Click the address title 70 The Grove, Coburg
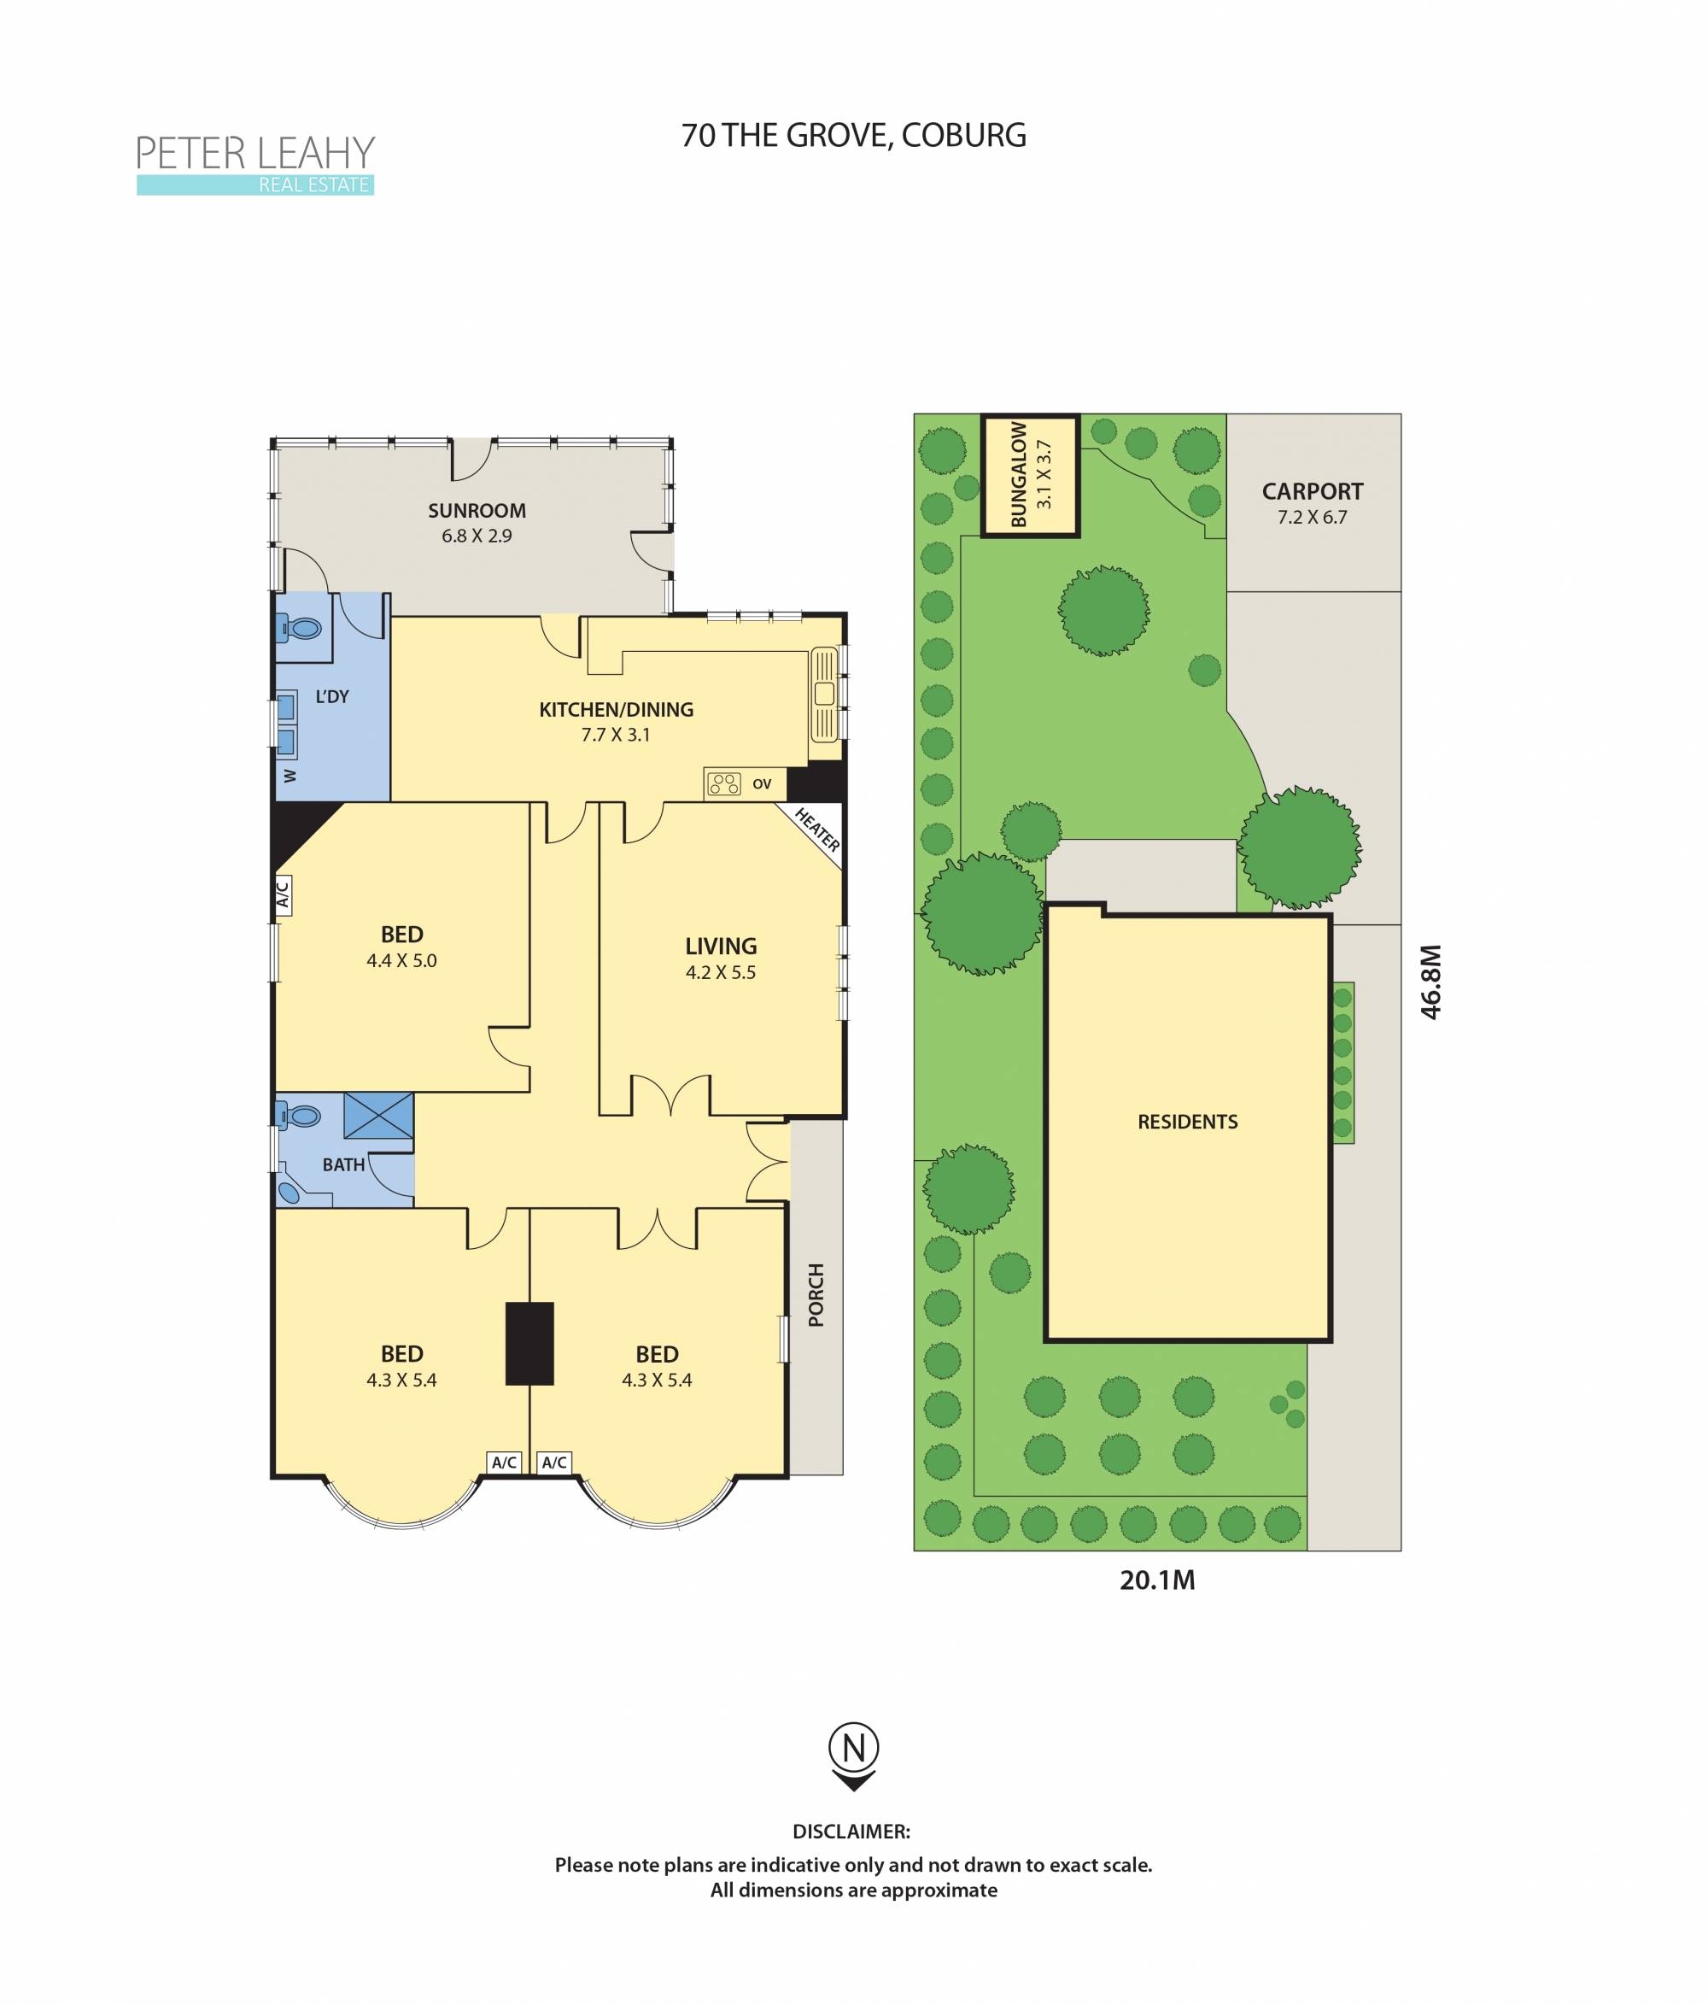853,136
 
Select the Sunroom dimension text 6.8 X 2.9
477,535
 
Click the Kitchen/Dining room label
615,709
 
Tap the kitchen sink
824,693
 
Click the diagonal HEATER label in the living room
816,830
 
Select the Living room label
721,947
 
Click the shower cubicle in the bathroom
378,1116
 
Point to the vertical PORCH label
816,1295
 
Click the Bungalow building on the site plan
1030,475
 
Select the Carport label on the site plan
1312,491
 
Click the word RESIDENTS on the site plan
1187,1123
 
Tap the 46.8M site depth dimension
1430,982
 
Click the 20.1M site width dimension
1156,1580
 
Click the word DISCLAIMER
851,1832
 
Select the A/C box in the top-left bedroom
283,895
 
